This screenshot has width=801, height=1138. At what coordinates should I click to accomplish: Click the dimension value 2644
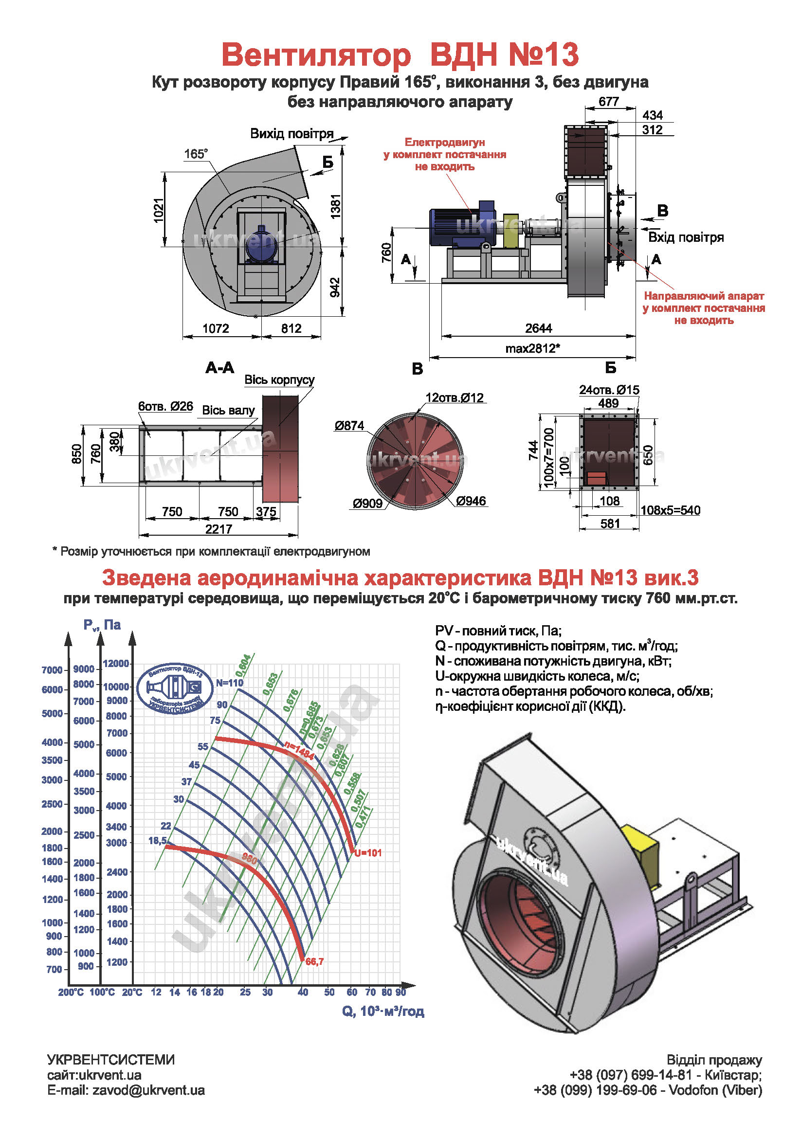pos(538,328)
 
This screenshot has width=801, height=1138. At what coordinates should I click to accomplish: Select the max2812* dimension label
pos(532,348)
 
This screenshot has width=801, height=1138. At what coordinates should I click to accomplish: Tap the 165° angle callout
pos(196,154)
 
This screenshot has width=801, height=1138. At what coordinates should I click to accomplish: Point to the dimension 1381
pos(336,206)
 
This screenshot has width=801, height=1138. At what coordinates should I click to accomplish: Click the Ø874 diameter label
pos(349,425)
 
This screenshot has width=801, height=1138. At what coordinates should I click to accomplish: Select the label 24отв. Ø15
pos(609,390)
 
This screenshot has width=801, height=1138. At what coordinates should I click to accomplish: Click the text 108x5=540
pos(670,510)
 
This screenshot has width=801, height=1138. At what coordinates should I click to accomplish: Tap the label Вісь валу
pos(228,411)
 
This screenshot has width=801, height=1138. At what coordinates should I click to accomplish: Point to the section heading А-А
pos(219,368)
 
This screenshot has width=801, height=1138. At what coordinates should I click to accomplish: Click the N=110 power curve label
pos(230,683)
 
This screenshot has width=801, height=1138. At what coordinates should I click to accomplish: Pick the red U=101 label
pos(368,853)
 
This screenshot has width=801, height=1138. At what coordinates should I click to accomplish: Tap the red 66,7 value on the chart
pos(314,961)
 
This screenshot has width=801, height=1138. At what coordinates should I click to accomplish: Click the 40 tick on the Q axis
pos(303,992)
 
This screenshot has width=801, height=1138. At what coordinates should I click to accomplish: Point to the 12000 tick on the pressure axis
pos(116,664)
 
